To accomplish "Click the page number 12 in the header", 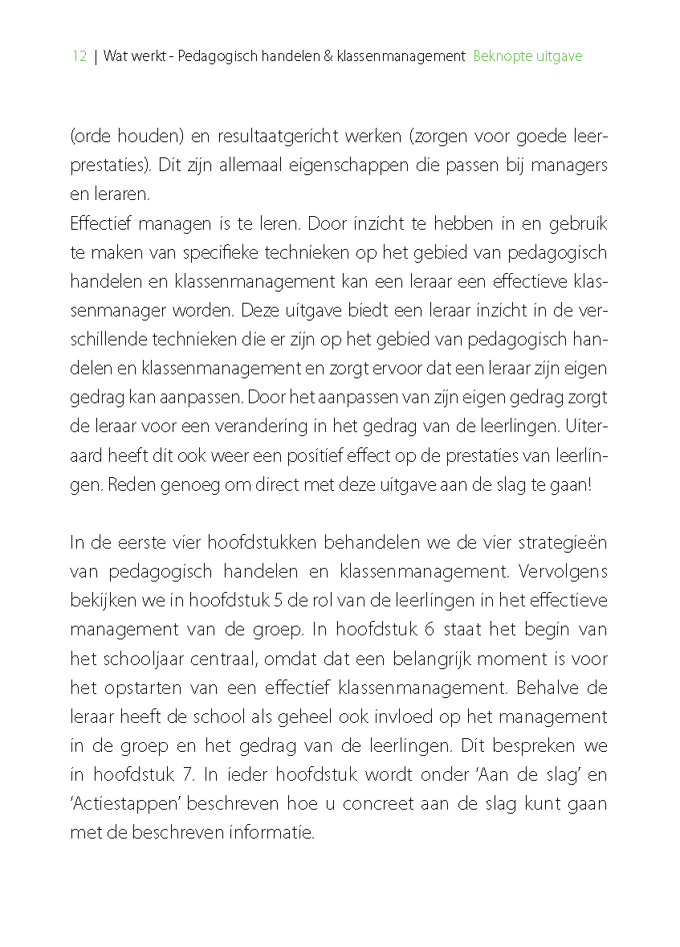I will [79, 56].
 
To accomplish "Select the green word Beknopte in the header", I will [499, 56].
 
